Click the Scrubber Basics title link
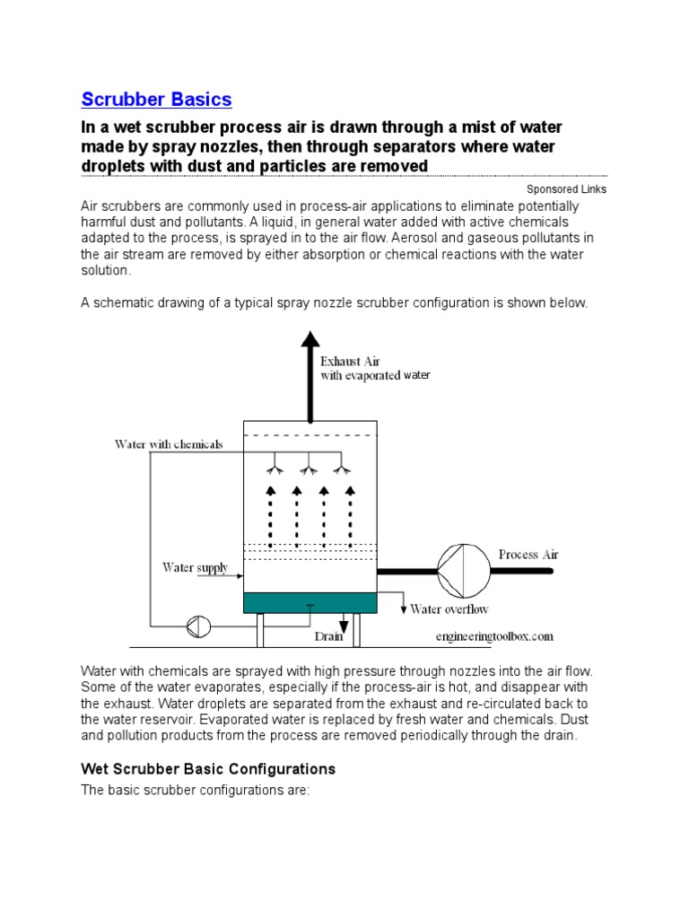[156, 100]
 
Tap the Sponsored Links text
[566, 189]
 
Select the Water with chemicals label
[169, 444]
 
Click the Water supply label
[195, 568]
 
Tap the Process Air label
[528, 555]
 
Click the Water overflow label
[449, 609]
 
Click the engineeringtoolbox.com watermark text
[494, 635]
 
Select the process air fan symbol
[461, 567]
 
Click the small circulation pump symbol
[196, 626]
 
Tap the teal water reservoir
[310, 603]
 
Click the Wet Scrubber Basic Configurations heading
[208, 769]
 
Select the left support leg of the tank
[261, 630]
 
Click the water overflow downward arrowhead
[403, 609]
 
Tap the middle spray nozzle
[309, 468]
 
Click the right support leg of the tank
[358, 630]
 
